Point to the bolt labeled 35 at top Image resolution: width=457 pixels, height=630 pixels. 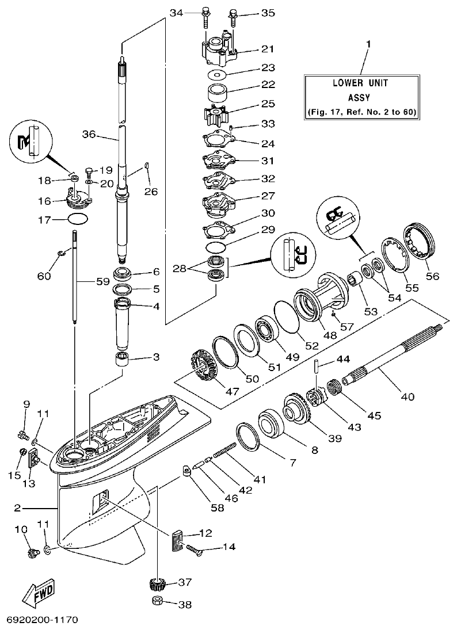point(233,18)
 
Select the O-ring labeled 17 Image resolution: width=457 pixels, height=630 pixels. point(78,219)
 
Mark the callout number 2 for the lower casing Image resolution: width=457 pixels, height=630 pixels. point(18,509)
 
